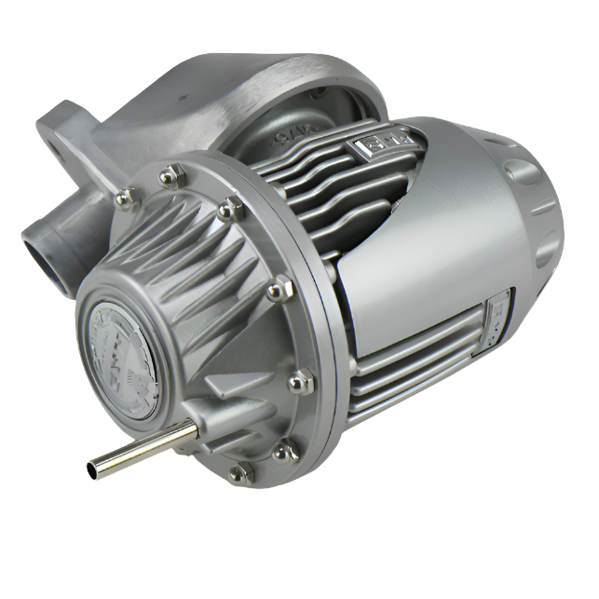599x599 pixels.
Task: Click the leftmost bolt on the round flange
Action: (124, 197)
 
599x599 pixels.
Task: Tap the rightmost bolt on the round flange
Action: (300, 380)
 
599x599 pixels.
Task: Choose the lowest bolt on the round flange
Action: (239, 473)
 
